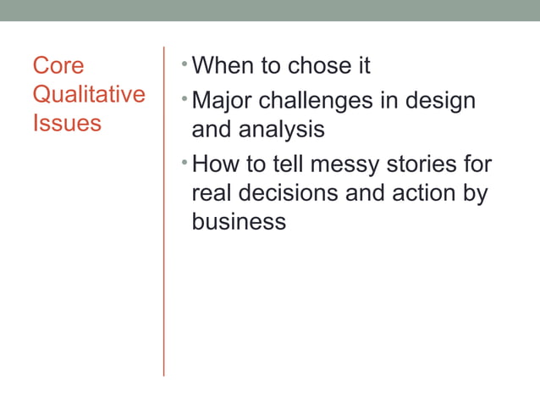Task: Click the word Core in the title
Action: pyautogui.click(x=58, y=66)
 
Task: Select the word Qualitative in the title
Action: pyautogui.click(x=89, y=94)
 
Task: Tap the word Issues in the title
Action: pyautogui.click(x=67, y=123)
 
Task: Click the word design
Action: pyautogui.click(x=441, y=101)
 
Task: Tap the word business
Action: pyautogui.click(x=239, y=221)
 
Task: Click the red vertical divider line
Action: pyautogui.click(x=163, y=212)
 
